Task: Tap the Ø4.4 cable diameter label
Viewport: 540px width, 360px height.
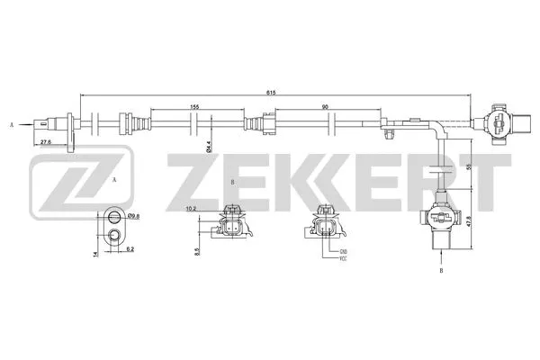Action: click(208, 143)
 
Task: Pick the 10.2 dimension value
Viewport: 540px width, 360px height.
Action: click(191, 210)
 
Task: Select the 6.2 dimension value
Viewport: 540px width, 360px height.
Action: click(130, 247)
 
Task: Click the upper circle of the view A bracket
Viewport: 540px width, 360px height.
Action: click(113, 216)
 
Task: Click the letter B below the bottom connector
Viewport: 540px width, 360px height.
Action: click(441, 270)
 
